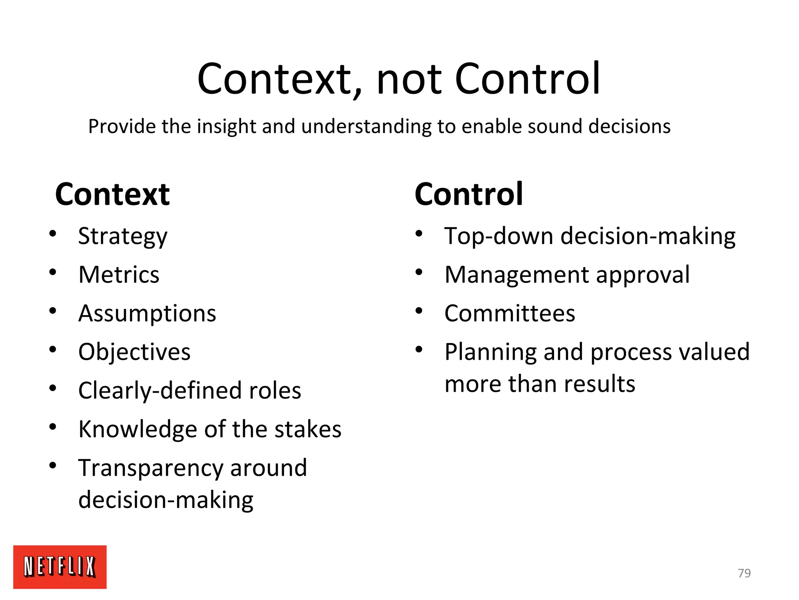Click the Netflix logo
coord(60,566)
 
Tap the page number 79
coord(744,573)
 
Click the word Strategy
coord(123,237)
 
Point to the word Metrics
coord(119,275)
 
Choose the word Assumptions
coord(147,314)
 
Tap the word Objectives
coord(134,352)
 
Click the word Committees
coord(510,313)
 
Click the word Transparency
coord(150,468)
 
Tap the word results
coord(600,384)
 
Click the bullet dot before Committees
coord(419,311)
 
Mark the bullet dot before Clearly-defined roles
coord(53,388)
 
